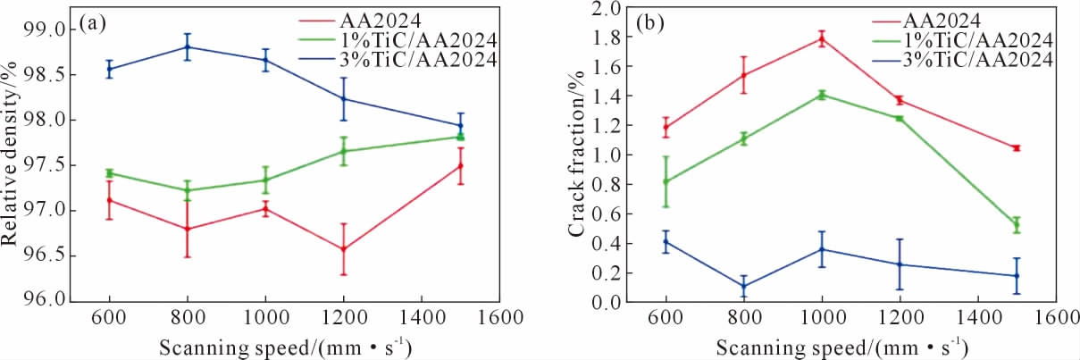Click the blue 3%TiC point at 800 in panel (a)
pyautogui.click(x=188, y=46)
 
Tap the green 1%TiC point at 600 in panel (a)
pyautogui.click(x=109, y=172)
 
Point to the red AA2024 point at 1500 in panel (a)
pyautogui.click(x=460, y=165)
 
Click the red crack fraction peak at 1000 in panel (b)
pyautogui.click(x=822, y=38)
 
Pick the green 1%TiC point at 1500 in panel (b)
pyautogui.click(x=1016, y=225)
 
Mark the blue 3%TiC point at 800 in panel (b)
pyautogui.click(x=743, y=287)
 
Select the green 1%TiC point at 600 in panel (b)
pyautogui.click(x=666, y=181)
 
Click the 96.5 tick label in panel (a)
pyautogui.click(x=45, y=254)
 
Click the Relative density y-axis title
pyautogui.click(x=13, y=164)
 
